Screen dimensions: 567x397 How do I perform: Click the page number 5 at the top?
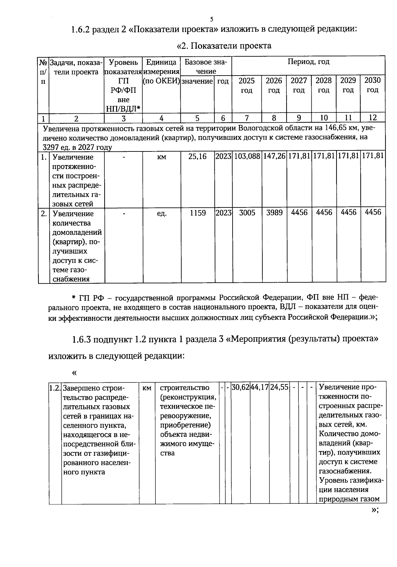click(211, 19)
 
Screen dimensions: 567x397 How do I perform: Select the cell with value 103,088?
click(247, 156)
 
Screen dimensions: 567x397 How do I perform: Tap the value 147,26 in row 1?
click(274, 156)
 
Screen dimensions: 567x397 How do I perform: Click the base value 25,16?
click(197, 156)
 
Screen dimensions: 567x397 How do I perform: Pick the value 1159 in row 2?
click(198, 213)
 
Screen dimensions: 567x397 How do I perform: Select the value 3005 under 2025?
click(247, 213)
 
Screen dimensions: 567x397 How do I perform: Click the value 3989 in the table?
click(274, 213)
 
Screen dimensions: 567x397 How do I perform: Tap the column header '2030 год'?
click(373, 85)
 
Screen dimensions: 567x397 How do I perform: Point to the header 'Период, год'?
click(308, 62)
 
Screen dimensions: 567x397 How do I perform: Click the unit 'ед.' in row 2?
click(161, 214)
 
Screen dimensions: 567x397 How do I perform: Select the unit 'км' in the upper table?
click(161, 157)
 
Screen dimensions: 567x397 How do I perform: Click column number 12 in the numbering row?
click(373, 118)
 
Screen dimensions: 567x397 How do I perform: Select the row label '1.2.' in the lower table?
click(55, 387)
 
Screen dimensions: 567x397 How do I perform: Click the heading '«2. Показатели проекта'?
click(224, 46)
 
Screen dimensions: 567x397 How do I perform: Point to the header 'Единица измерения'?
click(161, 67)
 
